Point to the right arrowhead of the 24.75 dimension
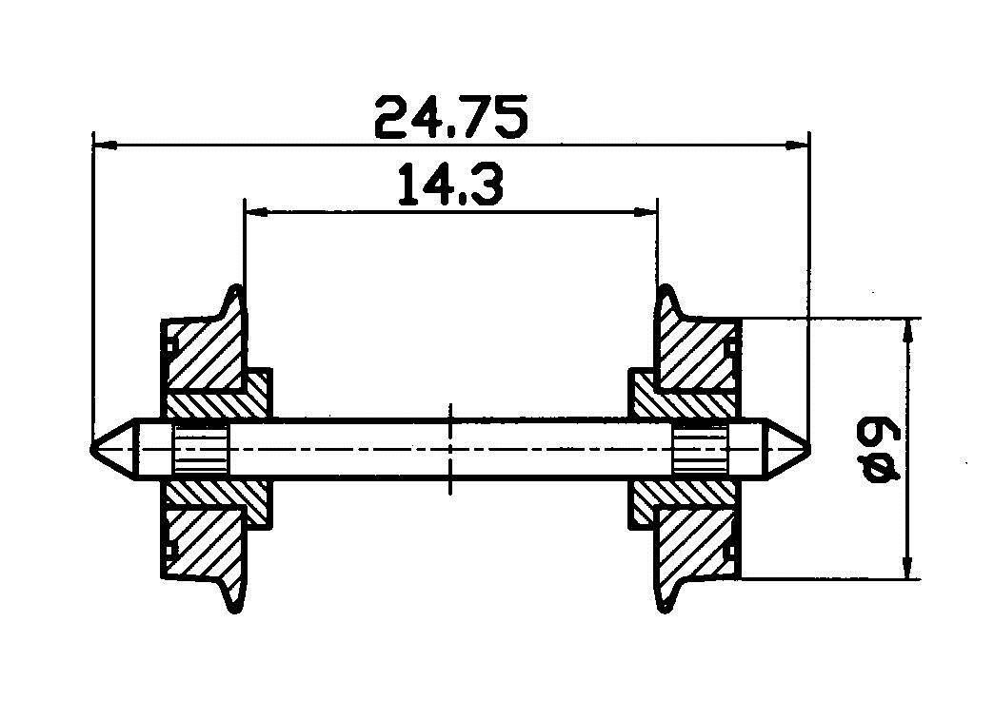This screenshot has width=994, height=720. pyautogui.click(x=798, y=146)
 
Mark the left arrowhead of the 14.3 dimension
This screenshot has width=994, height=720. pyautogui.click(x=255, y=212)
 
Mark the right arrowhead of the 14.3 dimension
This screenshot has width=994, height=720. pyautogui.click(x=646, y=212)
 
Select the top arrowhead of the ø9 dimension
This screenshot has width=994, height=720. pyautogui.click(x=910, y=328)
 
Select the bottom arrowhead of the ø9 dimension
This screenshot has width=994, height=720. pyautogui.click(x=910, y=570)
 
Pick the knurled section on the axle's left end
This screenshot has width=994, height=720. pyautogui.click(x=201, y=450)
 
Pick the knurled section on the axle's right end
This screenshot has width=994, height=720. pyautogui.click(x=700, y=450)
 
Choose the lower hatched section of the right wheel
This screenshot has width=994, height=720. pyautogui.click(x=695, y=542)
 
